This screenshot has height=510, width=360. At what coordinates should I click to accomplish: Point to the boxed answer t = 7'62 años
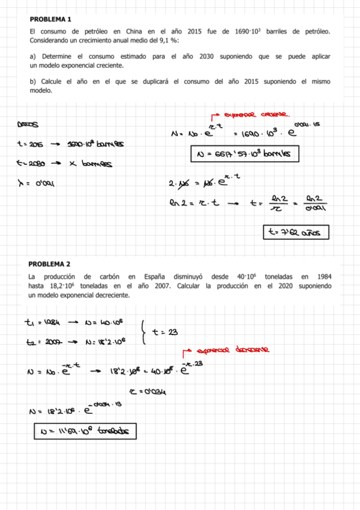[x=296, y=232]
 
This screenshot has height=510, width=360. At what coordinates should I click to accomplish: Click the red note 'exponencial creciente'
[x=255, y=114]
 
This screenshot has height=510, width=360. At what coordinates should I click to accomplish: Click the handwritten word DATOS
[x=28, y=124]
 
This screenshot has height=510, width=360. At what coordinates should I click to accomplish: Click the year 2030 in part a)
[x=192, y=56]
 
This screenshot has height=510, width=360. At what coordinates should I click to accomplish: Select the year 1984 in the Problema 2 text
[x=322, y=276]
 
